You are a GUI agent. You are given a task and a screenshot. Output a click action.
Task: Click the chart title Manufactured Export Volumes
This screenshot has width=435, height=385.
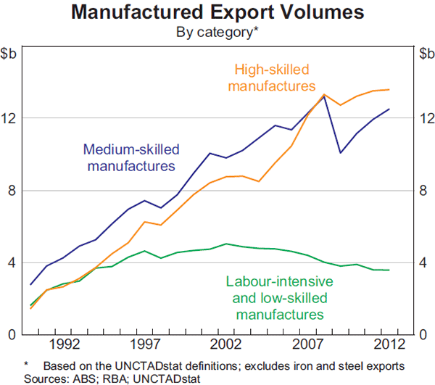point(217,14)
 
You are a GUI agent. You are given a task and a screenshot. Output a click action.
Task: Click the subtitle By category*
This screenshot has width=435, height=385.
point(217,32)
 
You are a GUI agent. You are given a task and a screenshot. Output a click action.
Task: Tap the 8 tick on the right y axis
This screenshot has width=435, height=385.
point(422,190)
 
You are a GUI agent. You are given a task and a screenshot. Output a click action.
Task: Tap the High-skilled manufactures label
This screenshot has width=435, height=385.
point(272,78)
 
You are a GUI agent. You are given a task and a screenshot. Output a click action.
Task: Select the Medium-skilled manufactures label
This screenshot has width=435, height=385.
point(131,157)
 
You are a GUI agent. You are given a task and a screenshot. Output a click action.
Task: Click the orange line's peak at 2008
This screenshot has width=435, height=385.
point(324,94)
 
